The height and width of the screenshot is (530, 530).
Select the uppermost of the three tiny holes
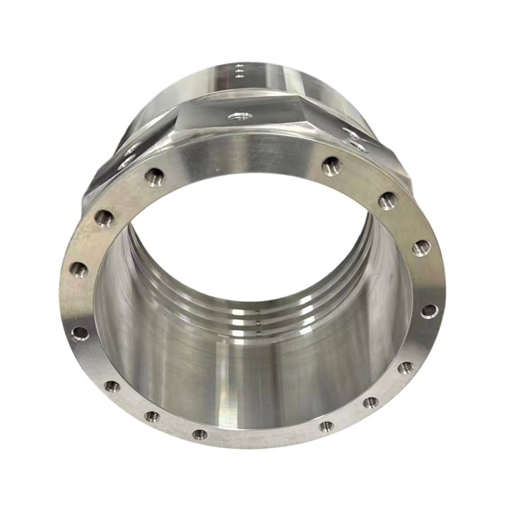[x=239, y=65]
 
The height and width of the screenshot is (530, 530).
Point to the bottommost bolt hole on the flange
[x=201, y=434]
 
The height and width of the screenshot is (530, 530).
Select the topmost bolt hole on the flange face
[x=331, y=166]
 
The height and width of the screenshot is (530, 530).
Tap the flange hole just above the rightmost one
[x=421, y=247]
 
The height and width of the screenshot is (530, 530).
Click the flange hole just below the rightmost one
[x=406, y=367]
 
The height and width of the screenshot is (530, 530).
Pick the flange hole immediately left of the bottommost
[x=153, y=416]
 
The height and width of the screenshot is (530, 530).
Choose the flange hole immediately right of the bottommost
[x=326, y=426]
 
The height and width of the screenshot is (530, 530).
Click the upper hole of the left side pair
[x=132, y=149]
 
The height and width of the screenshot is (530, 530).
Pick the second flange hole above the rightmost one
[x=387, y=201]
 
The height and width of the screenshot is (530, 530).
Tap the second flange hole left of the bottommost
[x=112, y=386]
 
